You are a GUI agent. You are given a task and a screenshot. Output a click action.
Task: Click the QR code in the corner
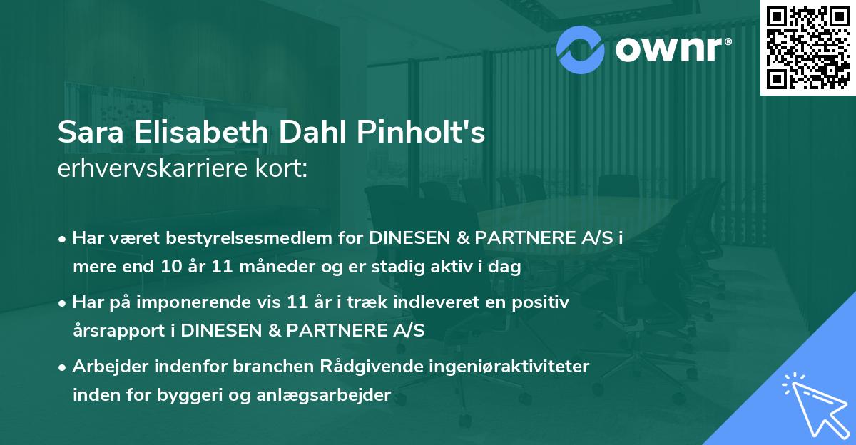tap(806, 47)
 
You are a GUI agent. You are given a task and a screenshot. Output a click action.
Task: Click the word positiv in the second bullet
tap(544, 303)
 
